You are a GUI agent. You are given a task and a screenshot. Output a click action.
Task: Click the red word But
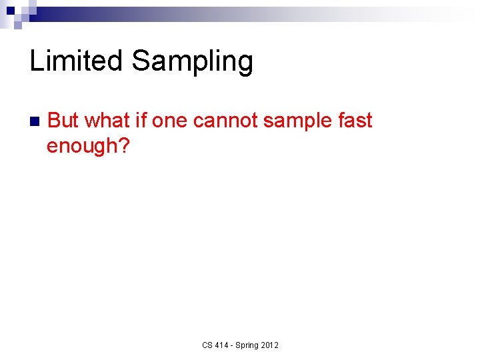click(64, 121)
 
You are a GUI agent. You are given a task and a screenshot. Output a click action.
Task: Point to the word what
click(109, 121)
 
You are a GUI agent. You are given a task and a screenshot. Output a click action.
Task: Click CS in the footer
click(207, 345)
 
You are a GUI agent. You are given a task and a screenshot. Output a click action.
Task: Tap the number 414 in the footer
click(223, 345)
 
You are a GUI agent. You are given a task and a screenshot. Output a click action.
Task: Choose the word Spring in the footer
click(249, 345)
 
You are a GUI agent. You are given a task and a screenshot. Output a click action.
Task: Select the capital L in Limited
click(37, 61)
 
